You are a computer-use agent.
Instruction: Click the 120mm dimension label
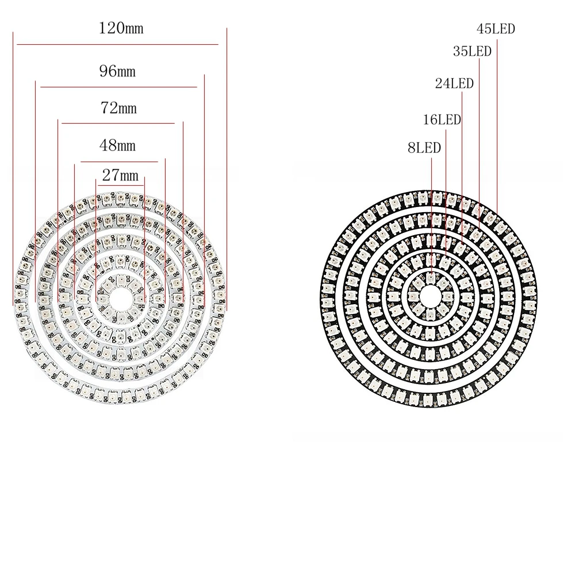pyautogui.click(x=121, y=28)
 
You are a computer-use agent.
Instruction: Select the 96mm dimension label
pyautogui.click(x=117, y=71)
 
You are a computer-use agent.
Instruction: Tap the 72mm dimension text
pyautogui.click(x=118, y=108)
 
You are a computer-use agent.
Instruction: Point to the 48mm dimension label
pyautogui.click(x=117, y=145)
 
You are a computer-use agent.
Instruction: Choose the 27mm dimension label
pyautogui.click(x=120, y=175)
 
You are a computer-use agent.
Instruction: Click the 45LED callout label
pyautogui.click(x=496, y=29)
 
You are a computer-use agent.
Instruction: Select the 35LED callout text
pyautogui.click(x=472, y=51)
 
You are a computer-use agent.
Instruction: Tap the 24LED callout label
pyautogui.click(x=454, y=83)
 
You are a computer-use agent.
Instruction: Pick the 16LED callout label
pyautogui.click(x=442, y=120)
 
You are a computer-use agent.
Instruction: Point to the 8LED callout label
pyautogui.click(x=424, y=148)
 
